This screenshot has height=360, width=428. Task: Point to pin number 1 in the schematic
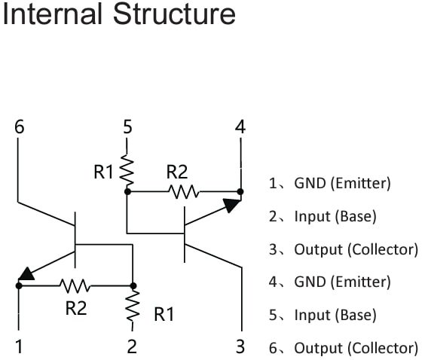[19, 346]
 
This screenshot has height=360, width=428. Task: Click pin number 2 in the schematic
[132, 346]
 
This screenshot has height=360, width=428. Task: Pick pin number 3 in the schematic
[240, 346]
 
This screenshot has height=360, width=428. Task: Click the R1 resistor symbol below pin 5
[127, 171]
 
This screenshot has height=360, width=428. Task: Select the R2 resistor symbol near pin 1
[75, 285]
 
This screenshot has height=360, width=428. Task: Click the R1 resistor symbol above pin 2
[133, 306]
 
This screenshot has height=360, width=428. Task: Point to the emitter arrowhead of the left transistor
[27, 274]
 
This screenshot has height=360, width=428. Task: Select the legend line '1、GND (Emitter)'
[329, 183]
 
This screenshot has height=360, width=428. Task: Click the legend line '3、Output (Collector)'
[343, 249]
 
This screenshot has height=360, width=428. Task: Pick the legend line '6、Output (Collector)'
[343, 348]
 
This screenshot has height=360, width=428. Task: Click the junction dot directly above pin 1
[19, 285]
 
